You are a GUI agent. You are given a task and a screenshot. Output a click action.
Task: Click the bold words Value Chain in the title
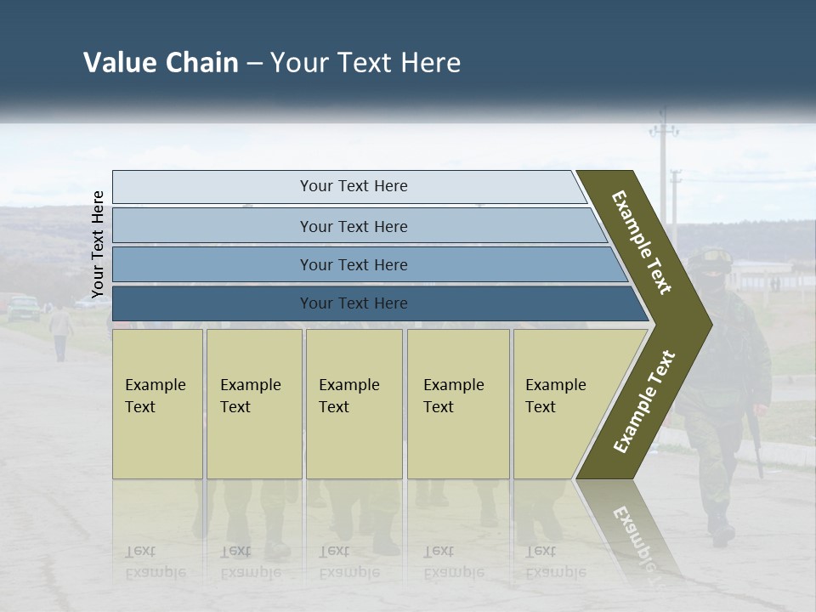(161, 63)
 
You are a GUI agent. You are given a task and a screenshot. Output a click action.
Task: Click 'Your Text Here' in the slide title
(365, 63)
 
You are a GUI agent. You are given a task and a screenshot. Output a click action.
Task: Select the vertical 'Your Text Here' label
(98, 244)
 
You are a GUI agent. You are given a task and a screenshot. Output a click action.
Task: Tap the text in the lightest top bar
(354, 186)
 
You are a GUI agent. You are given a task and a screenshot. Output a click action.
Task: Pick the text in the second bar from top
(354, 226)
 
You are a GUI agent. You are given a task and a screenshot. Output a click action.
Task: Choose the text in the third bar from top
(354, 265)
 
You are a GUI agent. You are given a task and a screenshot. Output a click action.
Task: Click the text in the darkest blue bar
(354, 303)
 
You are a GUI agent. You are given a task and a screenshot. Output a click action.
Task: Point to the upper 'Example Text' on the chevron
(642, 242)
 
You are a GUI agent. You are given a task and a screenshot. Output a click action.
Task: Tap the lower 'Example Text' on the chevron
(644, 402)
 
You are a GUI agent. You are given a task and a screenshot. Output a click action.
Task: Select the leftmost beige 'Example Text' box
(157, 404)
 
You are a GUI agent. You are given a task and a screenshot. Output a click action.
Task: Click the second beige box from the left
(253, 404)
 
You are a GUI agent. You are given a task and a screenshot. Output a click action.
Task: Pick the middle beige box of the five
(354, 404)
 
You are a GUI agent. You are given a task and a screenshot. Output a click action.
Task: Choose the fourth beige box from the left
(458, 404)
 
